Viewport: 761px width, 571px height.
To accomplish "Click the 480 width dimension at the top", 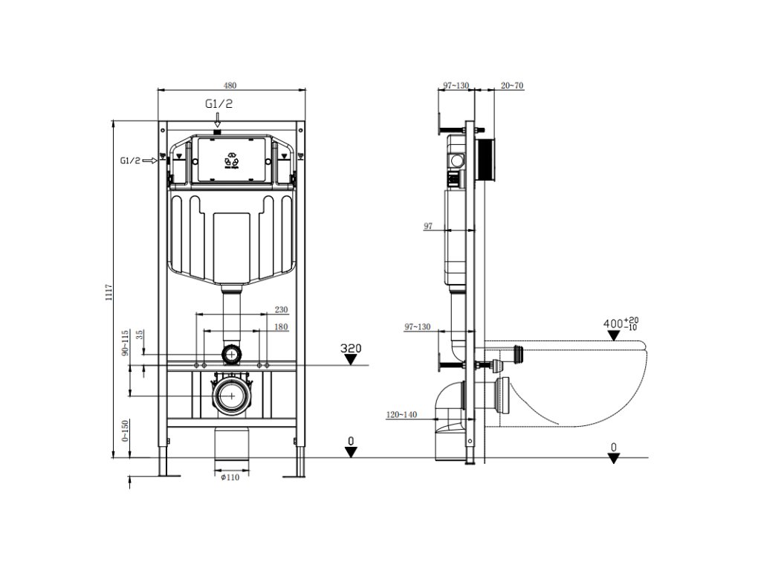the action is pos(232,84).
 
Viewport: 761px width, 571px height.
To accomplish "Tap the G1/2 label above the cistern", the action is pos(218,104).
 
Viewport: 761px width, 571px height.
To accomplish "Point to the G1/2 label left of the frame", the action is pos(130,160).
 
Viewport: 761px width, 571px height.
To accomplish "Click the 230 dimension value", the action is pos(281,309).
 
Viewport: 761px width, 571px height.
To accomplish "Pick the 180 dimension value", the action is pos(281,327).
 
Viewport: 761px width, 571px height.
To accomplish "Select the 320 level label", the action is pos(351,347).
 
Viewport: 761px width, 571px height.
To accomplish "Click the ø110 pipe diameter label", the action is pos(230,478).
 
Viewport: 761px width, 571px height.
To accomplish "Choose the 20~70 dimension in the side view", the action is pos(512,86).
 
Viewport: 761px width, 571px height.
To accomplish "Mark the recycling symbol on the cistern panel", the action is pos(231,159).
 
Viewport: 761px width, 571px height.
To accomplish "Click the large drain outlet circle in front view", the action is pos(232,397).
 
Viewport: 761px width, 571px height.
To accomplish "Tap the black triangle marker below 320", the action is pos(351,361).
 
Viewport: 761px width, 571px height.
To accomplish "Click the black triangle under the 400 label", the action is pos(614,336).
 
